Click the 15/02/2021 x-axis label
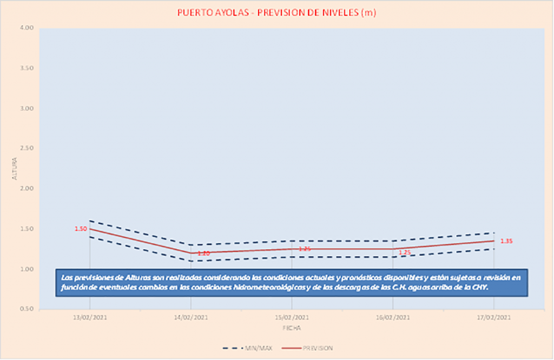click(292, 318)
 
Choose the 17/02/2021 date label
click(494, 318)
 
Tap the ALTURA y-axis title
click(15, 169)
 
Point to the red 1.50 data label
click(80, 229)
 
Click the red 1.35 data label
click(506, 241)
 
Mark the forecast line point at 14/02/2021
click(190, 253)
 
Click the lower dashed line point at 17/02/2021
click(494, 249)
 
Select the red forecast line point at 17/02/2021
click(494, 241)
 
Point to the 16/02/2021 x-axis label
click(393, 318)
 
